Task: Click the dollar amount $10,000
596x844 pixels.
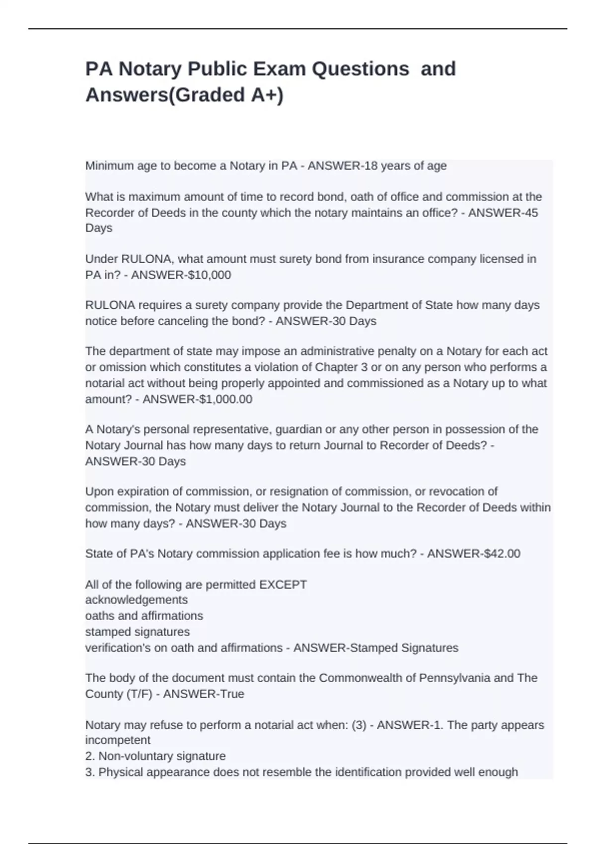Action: pos(209,275)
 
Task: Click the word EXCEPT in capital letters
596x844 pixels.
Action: pos(283,585)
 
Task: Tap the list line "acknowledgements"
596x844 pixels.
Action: pos(137,600)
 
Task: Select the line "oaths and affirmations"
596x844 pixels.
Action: pos(144,616)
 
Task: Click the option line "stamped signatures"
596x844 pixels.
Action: pos(138,632)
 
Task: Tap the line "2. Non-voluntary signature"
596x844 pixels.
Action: pos(155,756)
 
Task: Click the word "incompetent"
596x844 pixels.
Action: pos(118,740)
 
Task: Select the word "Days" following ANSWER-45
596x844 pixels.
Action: pos(99,228)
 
